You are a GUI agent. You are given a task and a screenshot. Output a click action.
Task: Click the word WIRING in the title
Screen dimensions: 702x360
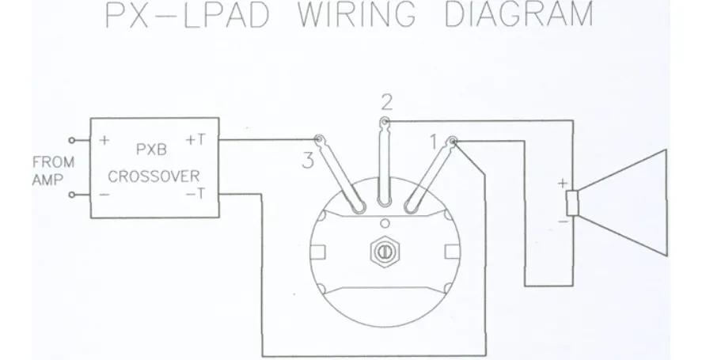(356, 14)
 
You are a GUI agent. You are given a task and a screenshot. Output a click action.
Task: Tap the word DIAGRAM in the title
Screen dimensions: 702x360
(519, 14)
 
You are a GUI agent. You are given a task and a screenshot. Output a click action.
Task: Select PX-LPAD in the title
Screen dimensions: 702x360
(188, 14)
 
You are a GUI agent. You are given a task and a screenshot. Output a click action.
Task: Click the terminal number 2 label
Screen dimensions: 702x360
(387, 103)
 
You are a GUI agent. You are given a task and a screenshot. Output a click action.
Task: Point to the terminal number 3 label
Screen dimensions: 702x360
(308, 161)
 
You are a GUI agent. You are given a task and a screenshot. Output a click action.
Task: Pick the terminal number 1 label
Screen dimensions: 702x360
(433, 142)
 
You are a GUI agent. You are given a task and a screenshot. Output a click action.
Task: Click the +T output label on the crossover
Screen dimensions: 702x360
(195, 140)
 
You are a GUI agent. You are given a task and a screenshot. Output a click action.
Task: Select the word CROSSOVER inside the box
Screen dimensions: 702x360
(154, 176)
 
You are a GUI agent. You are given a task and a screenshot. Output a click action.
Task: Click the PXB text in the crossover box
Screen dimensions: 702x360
(151, 150)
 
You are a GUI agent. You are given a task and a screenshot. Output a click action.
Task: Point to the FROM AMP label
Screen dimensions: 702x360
(54, 171)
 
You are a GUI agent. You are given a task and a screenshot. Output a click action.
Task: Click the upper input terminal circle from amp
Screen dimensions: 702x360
(72, 140)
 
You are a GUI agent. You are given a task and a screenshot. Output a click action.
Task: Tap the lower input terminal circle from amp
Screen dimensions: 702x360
(72, 195)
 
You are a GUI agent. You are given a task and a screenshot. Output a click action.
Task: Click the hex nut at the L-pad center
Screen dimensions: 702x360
(384, 252)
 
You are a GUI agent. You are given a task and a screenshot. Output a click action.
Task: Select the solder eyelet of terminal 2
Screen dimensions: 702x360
(385, 121)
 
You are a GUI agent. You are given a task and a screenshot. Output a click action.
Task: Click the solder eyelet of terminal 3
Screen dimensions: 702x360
(319, 139)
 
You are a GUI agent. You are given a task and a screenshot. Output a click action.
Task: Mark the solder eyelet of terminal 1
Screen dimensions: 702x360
(453, 142)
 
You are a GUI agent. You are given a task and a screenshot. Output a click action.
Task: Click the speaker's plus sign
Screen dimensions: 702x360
(563, 183)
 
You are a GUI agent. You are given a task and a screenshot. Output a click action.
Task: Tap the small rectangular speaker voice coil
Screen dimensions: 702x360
(572, 203)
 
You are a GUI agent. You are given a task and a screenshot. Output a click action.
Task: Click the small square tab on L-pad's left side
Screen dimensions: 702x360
(318, 252)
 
